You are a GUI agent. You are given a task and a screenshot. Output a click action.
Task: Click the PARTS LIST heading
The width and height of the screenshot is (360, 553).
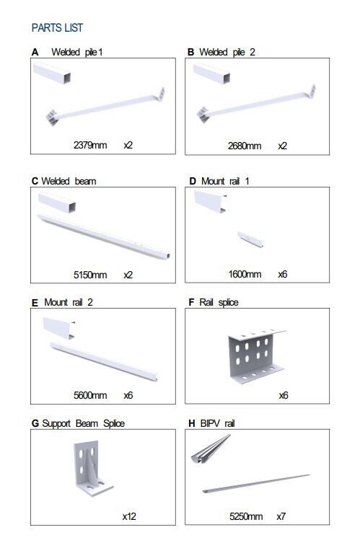[57, 28]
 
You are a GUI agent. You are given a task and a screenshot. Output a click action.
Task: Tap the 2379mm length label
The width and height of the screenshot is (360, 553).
[90, 145]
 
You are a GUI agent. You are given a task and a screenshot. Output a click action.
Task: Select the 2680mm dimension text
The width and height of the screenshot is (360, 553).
[245, 146]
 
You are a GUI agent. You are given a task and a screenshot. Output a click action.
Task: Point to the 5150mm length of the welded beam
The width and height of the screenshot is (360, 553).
[90, 275]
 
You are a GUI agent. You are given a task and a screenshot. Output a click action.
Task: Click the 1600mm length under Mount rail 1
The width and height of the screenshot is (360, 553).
[245, 274]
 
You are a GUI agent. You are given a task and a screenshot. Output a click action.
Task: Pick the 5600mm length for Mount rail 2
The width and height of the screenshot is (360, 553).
[90, 395]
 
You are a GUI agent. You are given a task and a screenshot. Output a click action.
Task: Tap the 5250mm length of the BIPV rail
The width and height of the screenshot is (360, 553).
[246, 516]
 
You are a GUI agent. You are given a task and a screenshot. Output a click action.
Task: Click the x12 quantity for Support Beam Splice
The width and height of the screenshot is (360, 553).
[129, 516]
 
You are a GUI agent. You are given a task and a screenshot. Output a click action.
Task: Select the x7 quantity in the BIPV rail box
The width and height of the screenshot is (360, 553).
[281, 516]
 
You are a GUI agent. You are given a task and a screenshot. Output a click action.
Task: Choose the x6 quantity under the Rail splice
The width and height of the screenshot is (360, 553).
[284, 395]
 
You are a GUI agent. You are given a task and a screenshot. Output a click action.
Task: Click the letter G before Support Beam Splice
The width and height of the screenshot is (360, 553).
[35, 423]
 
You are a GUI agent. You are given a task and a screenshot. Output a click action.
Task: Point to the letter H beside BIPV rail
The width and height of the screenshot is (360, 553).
[192, 423]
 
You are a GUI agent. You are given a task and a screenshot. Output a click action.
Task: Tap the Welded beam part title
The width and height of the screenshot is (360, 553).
[69, 181]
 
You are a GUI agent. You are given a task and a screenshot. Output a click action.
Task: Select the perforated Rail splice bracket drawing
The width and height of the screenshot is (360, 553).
[257, 357]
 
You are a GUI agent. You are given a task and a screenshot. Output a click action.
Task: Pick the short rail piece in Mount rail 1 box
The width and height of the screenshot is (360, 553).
[250, 239]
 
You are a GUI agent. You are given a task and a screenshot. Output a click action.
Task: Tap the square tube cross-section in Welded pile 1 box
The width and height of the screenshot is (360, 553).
[52, 74]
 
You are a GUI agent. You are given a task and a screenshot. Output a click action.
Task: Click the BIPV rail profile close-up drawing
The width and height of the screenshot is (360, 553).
[211, 448]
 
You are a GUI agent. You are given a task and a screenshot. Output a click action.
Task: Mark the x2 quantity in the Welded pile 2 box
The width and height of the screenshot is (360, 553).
[282, 146]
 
